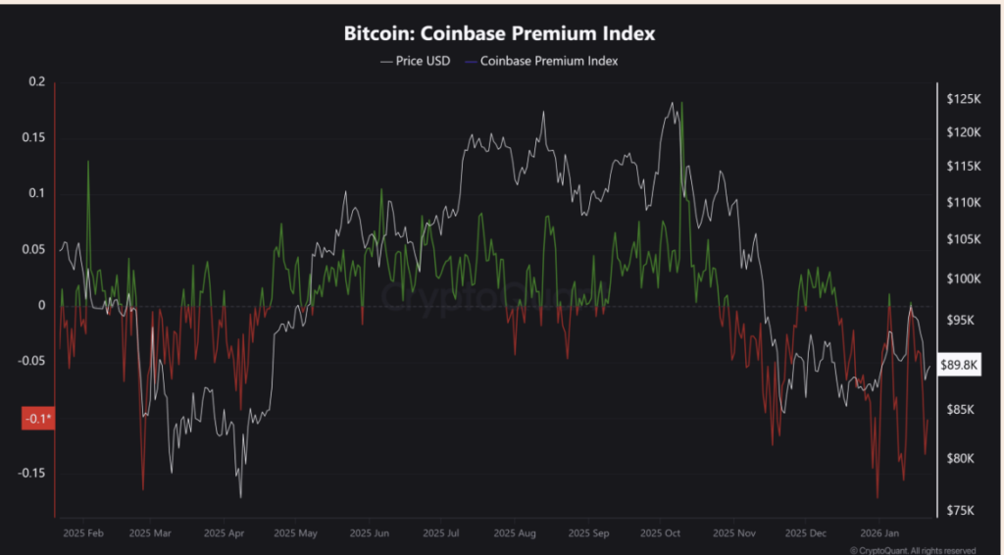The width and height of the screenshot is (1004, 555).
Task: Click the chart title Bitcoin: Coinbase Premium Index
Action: [x=499, y=34]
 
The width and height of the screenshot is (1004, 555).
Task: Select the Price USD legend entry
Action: [x=417, y=61]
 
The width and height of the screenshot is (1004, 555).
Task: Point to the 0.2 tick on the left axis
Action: [x=37, y=82]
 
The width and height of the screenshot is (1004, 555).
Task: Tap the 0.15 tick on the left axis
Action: [x=33, y=138]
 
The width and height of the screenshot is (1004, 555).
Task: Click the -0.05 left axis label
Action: [x=31, y=362]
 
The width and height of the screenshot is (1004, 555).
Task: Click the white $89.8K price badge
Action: [x=960, y=365]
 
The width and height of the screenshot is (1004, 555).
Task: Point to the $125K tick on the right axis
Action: [x=965, y=99]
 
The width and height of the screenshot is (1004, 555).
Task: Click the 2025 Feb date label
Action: [x=82, y=534]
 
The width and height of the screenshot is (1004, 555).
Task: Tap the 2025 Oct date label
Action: [x=660, y=534]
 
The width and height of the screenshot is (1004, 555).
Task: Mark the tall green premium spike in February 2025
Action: [x=88, y=163]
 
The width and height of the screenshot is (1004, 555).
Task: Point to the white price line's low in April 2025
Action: [x=240, y=496]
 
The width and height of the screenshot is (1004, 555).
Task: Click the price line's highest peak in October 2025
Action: [x=672, y=103]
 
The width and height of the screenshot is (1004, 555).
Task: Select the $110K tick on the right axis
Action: [x=965, y=202]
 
